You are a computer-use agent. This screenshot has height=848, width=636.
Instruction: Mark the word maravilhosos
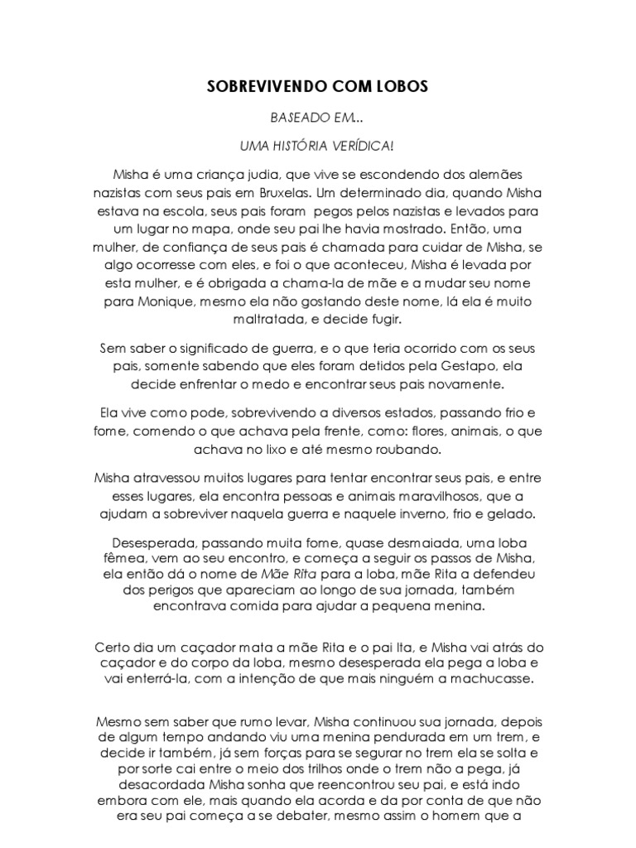[442, 497]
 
